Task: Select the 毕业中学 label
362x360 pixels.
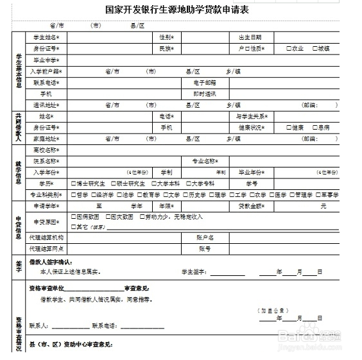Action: (x=45, y=60)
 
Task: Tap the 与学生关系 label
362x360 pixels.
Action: (x=251, y=116)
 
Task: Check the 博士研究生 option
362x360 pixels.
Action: (x=73, y=184)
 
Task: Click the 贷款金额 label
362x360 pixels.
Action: (x=251, y=206)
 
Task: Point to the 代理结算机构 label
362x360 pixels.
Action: (x=46, y=237)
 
